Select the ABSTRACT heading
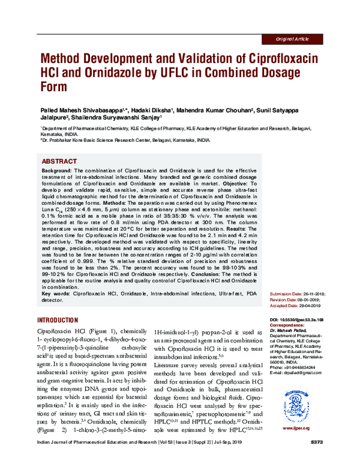click(x=59, y=162)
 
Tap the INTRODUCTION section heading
click(x=58, y=320)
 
